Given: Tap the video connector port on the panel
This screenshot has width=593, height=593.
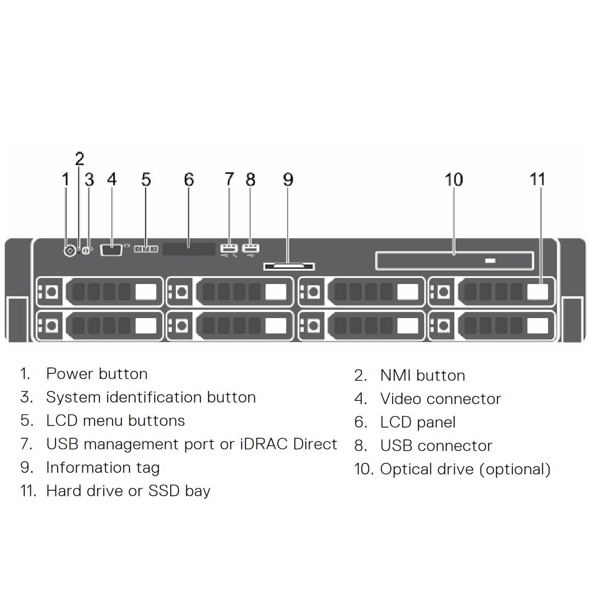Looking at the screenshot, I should point(111,249).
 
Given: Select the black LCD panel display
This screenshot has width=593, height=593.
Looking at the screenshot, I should point(189,249).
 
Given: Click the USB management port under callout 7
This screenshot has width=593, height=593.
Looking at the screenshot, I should point(228,248).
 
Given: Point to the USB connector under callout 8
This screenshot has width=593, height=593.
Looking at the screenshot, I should point(250,248).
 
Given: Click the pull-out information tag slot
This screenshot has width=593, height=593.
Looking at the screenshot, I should point(289,267).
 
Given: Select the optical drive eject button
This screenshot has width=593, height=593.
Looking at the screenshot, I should point(490,260).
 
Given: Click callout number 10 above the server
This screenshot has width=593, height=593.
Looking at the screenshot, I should point(454,180).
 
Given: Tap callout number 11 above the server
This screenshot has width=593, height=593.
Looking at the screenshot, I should point(538,180).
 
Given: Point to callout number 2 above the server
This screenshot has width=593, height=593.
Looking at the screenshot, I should point(80,159).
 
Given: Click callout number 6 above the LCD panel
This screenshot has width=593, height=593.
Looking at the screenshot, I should point(189,180).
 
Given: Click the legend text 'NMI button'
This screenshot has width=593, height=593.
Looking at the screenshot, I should point(422,376).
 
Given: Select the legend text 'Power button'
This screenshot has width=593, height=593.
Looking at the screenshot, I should point(97,374).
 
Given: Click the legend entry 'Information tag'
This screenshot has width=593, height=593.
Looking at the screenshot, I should point(103,467).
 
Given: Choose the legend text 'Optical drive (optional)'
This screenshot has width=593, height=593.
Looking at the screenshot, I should point(465,469).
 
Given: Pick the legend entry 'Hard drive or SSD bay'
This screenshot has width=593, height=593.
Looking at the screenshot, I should point(128,491).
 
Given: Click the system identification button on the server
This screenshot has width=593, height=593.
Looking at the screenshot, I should point(85,249).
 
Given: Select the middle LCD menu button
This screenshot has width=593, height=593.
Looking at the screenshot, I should point(146,249).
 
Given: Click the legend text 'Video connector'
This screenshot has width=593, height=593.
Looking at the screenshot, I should point(440,399).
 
